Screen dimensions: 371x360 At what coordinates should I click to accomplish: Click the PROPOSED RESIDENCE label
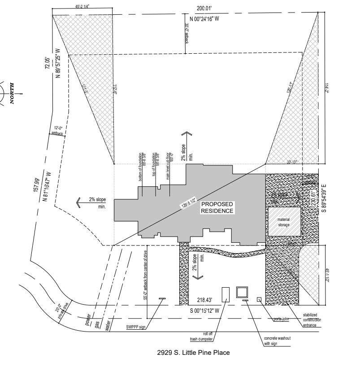[x=217, y=207]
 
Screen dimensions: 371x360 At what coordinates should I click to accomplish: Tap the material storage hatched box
[x=284, y=222]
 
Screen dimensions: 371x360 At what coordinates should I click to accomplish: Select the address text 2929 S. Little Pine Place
[x=194, y=353]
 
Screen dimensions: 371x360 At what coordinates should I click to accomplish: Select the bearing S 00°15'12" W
[x=204, y=310]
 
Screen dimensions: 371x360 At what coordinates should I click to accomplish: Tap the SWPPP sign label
[x=136, y=328]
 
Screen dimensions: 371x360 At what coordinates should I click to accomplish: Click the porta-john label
[x=283, y=319]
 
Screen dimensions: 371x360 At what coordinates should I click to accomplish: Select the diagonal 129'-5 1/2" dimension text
[x=188, y=200]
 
